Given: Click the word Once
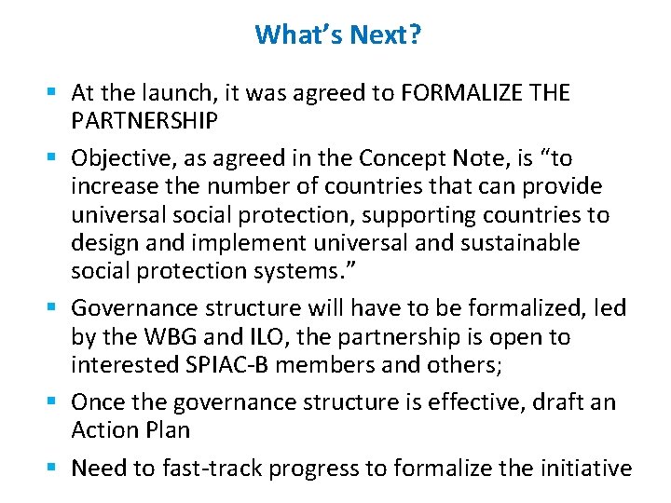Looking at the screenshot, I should click(97, 401).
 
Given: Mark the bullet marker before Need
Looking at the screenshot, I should click(58, 468).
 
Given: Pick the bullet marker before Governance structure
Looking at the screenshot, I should click(58, 308).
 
